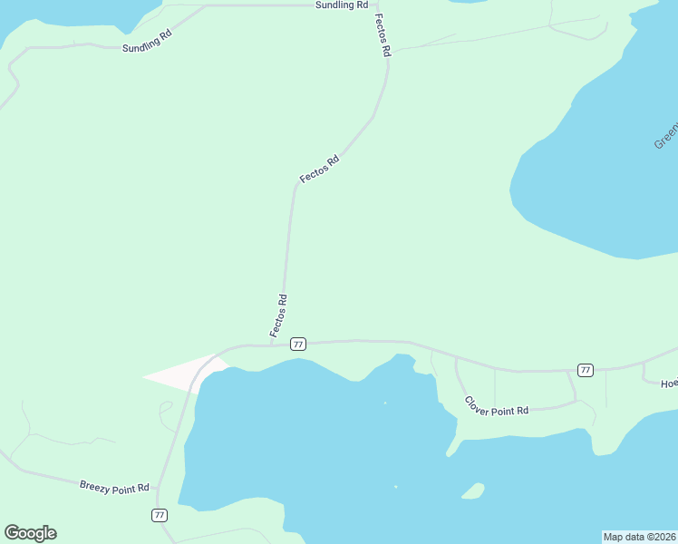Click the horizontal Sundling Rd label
pos(342,5)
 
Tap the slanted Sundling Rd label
pos(147,41)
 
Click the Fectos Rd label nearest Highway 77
pos(278,316)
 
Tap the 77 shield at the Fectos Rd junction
pos(298,345)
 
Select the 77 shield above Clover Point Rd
pos(586,370)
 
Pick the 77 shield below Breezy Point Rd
pos(160,515)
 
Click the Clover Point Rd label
pos(496,406)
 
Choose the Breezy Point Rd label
pos(114,488)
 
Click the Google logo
pos(30,533)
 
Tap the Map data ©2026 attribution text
pos(639,537)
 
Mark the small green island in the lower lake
pos(472,491)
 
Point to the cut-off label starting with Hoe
pos(669,384)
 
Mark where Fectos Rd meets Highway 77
pos(272,345)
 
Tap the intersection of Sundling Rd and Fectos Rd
pos(376,5)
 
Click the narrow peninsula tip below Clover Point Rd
pos(450,452)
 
